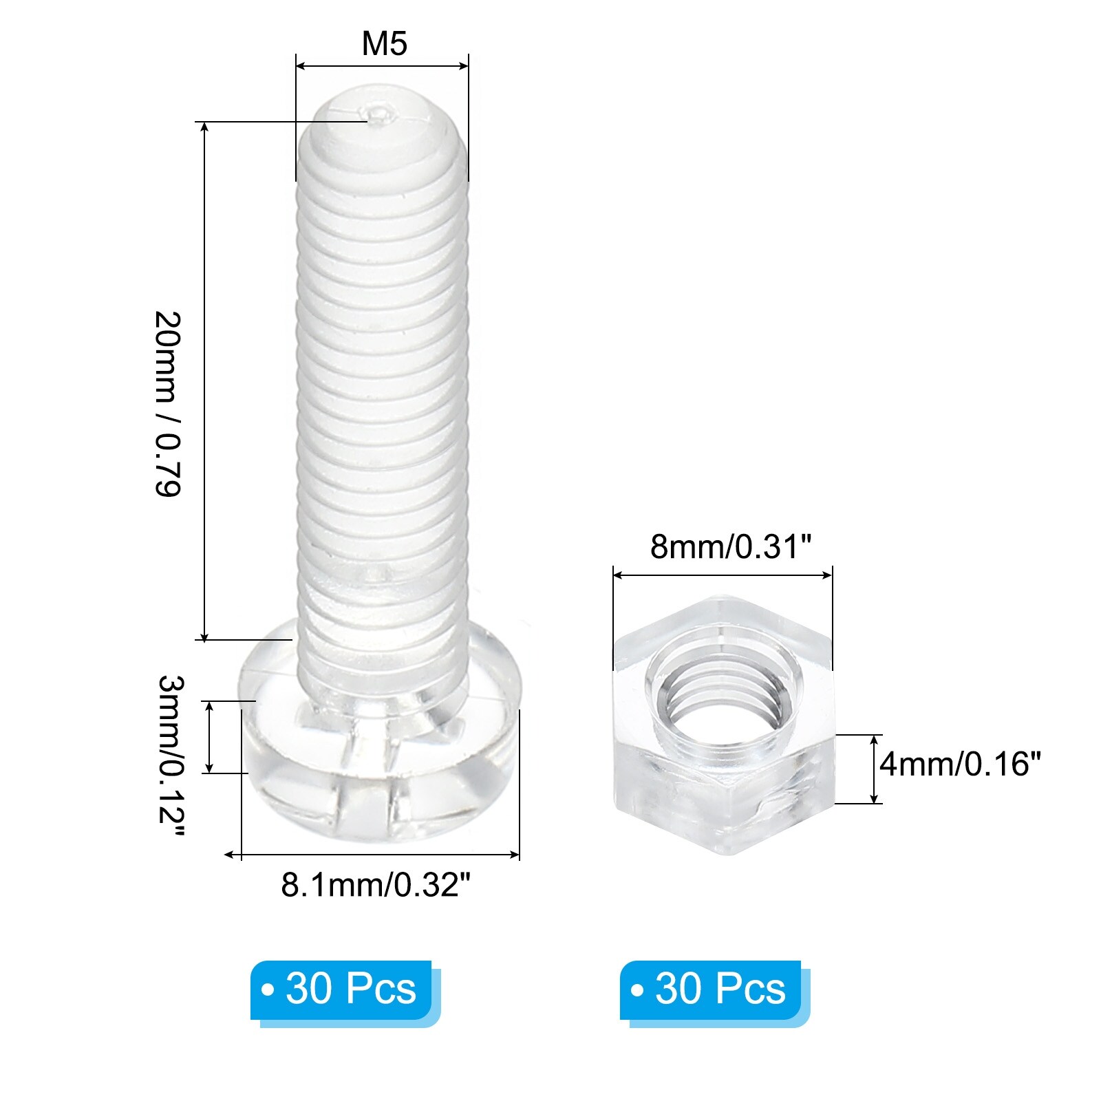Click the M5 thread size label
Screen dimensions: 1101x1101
384,43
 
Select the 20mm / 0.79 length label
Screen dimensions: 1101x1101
167,404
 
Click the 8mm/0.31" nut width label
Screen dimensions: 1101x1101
731,547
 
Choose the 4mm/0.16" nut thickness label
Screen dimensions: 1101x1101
960,764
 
